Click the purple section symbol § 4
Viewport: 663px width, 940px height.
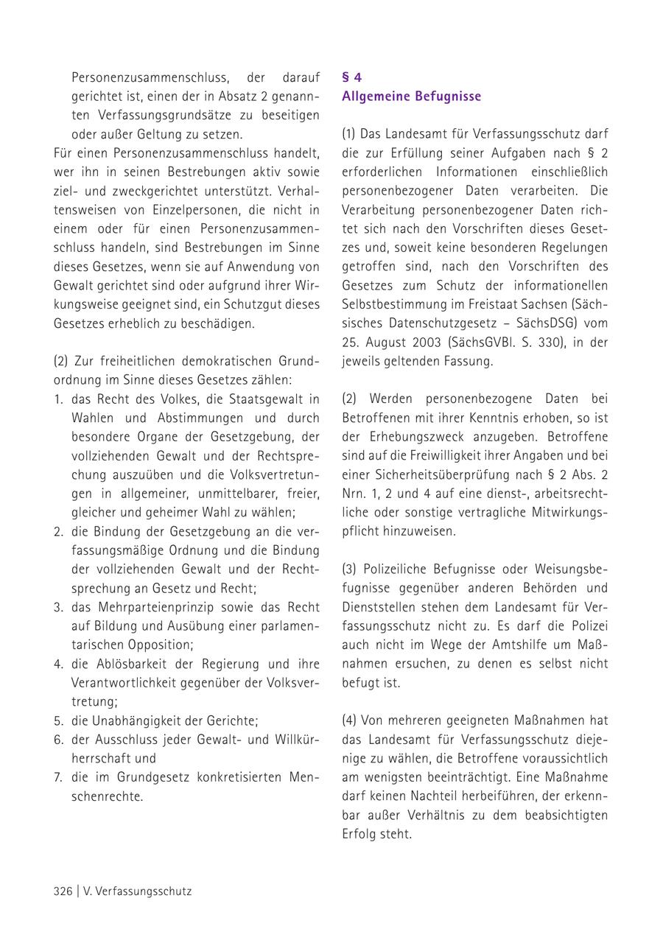click(351, 77)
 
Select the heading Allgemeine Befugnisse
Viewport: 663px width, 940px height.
click(411, 97)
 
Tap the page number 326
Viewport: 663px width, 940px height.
click(63, 891)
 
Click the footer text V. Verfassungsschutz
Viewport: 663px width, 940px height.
click(138, 891)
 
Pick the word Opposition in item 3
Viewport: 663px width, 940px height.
click(132, 645)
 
